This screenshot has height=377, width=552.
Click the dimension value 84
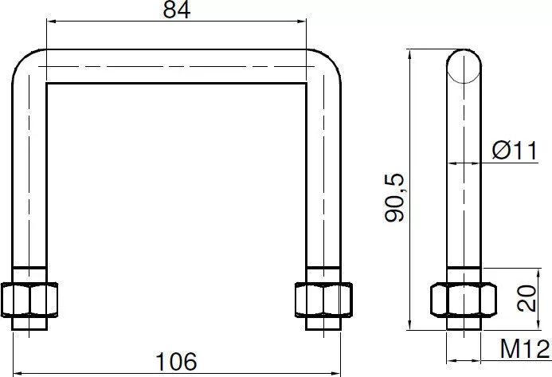[177, 10]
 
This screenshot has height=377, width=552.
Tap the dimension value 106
[176, 362]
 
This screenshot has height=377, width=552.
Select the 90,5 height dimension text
[395, 198]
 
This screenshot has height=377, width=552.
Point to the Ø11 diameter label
[515, 150]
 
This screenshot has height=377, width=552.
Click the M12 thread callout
[525, 349]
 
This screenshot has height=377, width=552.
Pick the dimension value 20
[527, 298]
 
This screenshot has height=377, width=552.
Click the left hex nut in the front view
[29, 300]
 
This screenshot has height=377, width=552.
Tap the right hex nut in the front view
[323, 300]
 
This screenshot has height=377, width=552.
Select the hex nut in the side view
[464, 300]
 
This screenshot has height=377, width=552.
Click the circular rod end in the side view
[464, 66]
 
